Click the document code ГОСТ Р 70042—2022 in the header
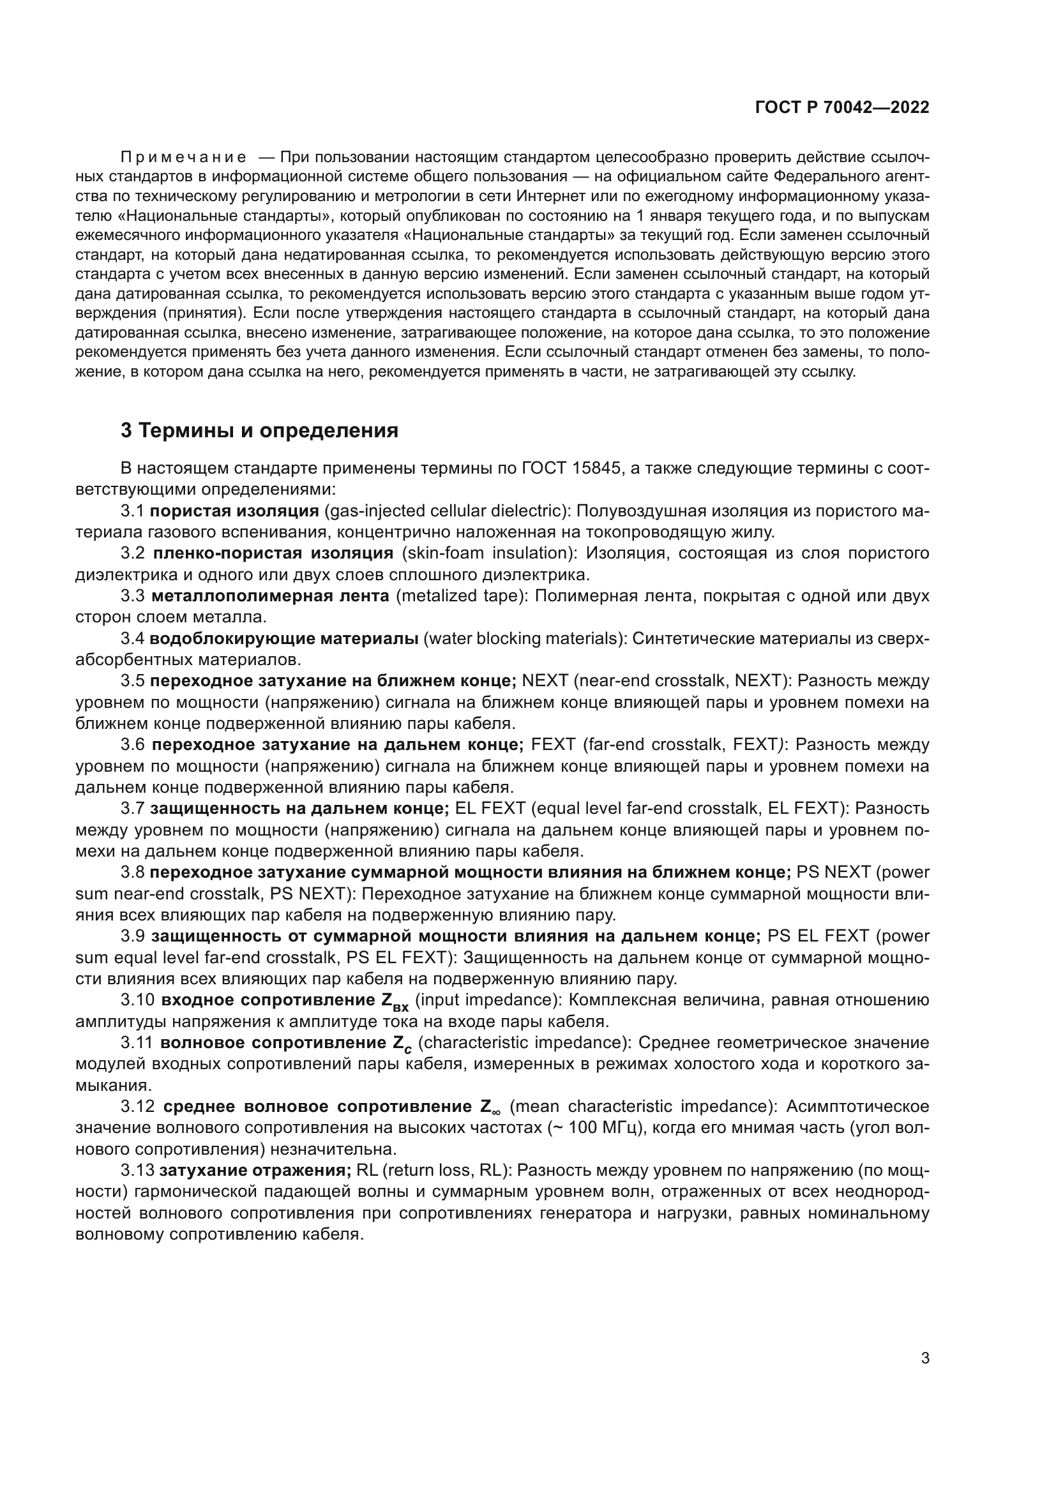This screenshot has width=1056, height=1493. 842,108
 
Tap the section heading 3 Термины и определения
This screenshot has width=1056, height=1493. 259,430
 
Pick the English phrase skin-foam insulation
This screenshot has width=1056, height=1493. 485,553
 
